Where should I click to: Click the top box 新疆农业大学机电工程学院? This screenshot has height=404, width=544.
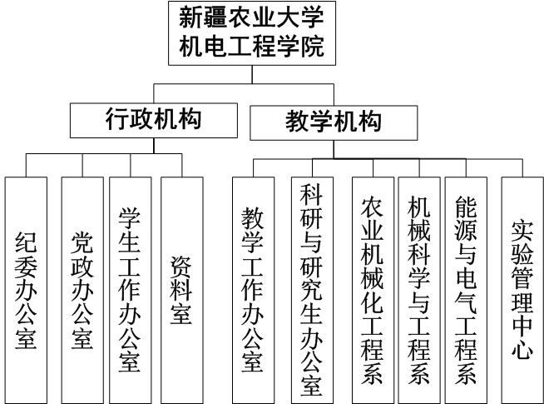coord(252,33)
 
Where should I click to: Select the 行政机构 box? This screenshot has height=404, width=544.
coord(154,121)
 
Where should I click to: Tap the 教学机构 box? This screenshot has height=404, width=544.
coord(334,123)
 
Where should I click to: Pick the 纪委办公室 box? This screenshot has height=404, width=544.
coord(26,290)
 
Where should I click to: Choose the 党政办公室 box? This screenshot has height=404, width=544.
coord(82,290)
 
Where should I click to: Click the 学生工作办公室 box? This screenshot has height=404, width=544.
coord(131,290)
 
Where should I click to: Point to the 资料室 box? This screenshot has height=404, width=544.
coord(182,290)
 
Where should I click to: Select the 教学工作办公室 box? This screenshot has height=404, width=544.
coord(253,290)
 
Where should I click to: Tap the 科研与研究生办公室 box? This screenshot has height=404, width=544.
coord(312,290)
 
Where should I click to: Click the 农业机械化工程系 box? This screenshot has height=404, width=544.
coord(373,290)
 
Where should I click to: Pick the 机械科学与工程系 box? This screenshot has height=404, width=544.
coord(419,290)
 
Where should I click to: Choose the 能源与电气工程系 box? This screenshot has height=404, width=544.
coord(466,290)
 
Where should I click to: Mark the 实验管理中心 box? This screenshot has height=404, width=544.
coord(522,290)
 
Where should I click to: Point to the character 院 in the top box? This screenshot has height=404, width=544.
coord(312,46)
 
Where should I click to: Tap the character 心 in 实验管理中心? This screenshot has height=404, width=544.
coord(522,348)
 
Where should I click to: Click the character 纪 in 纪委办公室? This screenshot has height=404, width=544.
coord(26,242)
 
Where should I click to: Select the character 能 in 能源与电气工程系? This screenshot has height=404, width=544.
coord(466,207)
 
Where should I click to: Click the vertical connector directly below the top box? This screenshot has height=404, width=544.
coord(252,74)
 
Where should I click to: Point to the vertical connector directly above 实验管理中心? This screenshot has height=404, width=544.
coord(522,168)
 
